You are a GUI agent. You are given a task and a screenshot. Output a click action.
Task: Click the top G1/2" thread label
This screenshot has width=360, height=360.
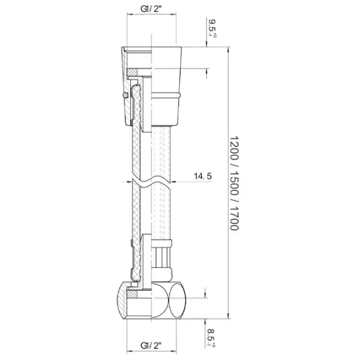(x=151, y=9)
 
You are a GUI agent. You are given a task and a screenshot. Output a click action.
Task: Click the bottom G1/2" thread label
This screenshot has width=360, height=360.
(x=151, y=345)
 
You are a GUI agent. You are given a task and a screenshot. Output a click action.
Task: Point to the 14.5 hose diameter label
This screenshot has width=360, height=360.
(x=203, y=176)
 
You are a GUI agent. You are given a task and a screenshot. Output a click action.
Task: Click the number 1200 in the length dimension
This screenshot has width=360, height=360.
(x=235, y=148)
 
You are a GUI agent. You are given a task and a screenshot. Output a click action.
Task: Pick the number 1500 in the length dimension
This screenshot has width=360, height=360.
(x=235, y=183)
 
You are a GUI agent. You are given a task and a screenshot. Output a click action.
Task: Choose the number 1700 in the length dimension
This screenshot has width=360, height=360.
(x=235, y=218)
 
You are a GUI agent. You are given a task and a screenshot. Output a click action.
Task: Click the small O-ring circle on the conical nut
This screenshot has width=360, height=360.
(x=125, y=95)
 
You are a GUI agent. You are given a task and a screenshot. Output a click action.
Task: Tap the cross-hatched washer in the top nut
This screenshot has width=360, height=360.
(x=132, y=72)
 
